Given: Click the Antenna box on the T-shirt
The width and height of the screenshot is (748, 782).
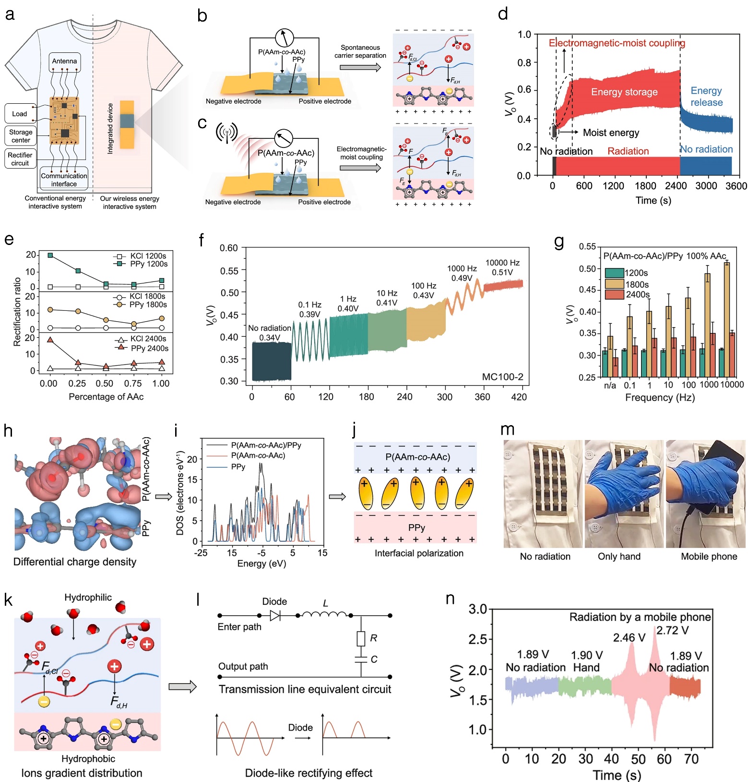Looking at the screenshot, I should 64,61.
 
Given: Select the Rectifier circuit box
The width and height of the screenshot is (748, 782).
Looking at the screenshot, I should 20,159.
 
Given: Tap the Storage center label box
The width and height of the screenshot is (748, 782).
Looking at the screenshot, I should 21,136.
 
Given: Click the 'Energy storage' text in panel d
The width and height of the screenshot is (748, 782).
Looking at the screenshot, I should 624,92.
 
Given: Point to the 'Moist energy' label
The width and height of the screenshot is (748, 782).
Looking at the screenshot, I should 611,133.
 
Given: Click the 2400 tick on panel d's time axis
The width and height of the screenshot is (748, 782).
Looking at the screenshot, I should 676,186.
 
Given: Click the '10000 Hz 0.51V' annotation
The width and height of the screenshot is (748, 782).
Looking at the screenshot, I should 502,268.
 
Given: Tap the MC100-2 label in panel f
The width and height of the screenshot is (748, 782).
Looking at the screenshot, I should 502,377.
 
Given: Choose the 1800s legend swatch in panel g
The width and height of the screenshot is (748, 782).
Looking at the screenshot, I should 614,284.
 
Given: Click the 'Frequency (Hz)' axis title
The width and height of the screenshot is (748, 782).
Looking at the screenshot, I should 660,398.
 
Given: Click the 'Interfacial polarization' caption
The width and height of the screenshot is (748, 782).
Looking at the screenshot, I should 419,553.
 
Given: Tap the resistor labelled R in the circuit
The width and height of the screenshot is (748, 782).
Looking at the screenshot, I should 361,638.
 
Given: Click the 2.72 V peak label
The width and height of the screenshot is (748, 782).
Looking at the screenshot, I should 672,630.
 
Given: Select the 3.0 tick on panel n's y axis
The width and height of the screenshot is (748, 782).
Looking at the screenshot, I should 478,610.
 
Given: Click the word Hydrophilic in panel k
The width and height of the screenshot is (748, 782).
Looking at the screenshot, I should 88,598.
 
